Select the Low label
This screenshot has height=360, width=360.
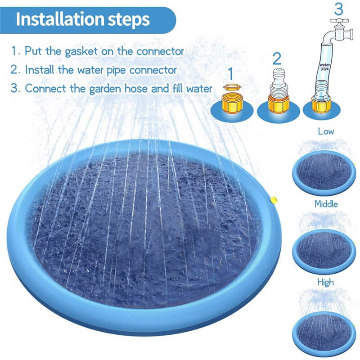[326, 132]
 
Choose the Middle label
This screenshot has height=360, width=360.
[326, 204]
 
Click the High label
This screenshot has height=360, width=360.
[325, 282]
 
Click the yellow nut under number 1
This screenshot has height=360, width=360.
[231, 103]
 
